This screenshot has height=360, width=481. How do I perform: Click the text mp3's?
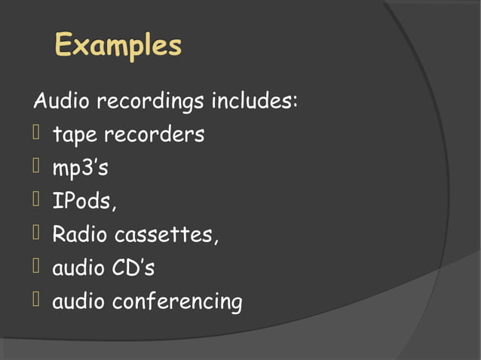(x=80, y=169)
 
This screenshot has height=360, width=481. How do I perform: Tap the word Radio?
(x=80, y=235)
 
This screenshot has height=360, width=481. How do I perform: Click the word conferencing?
(x=178, y=303)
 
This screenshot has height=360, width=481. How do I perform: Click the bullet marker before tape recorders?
(x=38, y=134)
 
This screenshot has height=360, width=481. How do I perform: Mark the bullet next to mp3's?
(x=38, y=167)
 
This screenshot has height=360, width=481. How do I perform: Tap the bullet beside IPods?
(x=38, y=200)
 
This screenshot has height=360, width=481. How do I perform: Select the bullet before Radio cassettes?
(x=38, y=233)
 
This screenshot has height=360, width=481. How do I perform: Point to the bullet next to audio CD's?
(x=38, y=267)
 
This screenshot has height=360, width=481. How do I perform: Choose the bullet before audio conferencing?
(x=38, y=301)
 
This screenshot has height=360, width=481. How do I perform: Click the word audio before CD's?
(x=78, y=268)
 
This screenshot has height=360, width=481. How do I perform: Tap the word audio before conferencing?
(x=78, y=302)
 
